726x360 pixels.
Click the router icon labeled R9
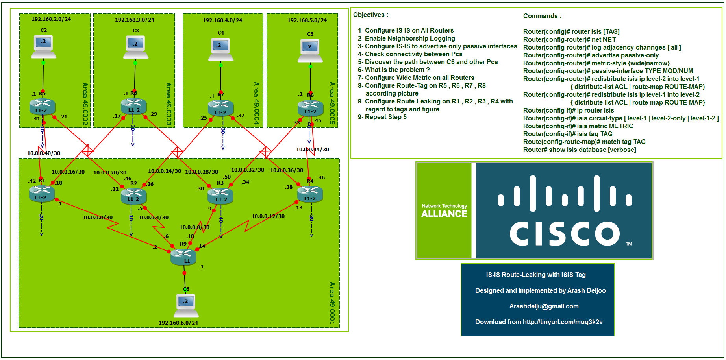pyautogui.click(x=183, y=257)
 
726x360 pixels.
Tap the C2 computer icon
pyautogui.click(x=44, y=46)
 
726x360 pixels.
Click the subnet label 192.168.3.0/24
pyautogui.click(x=135, y=20)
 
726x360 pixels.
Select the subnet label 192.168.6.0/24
pyautogui.click(x=178, y=323)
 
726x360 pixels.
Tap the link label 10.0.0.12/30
pyautogui.click(x=268, y=216)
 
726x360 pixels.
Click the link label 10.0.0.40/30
pyautogui.click(x=44, y=153)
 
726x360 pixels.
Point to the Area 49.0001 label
pyautogui.click(x=332, y=303)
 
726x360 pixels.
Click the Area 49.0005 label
pyautogui.click(x=332, y=103)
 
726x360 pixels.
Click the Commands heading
pyautogui.click(x=542, y=16)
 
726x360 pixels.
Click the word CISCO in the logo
pyautogui.click(x=565, y=233)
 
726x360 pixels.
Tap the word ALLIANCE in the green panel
pyautogui.click(x=444, y=214)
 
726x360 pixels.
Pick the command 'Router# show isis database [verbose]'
pyautogui.click(x=579, y=150)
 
